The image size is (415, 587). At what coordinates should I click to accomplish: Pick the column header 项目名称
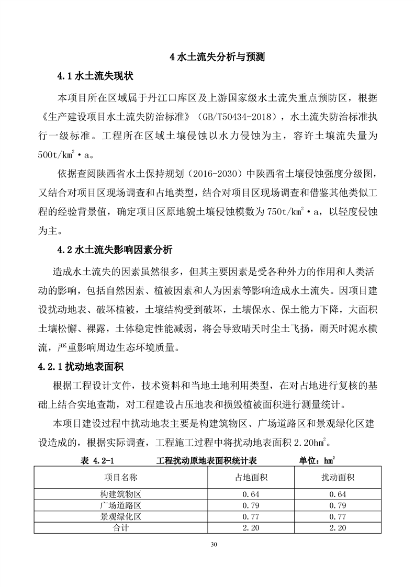pos(121,477)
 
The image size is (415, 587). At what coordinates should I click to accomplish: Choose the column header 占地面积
pos(251,477)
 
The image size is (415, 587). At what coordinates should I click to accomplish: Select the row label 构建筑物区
pos(121,494)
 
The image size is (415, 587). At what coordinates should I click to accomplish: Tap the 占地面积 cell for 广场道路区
pos(251,505)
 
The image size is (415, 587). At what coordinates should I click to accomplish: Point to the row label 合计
pos(121,528)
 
